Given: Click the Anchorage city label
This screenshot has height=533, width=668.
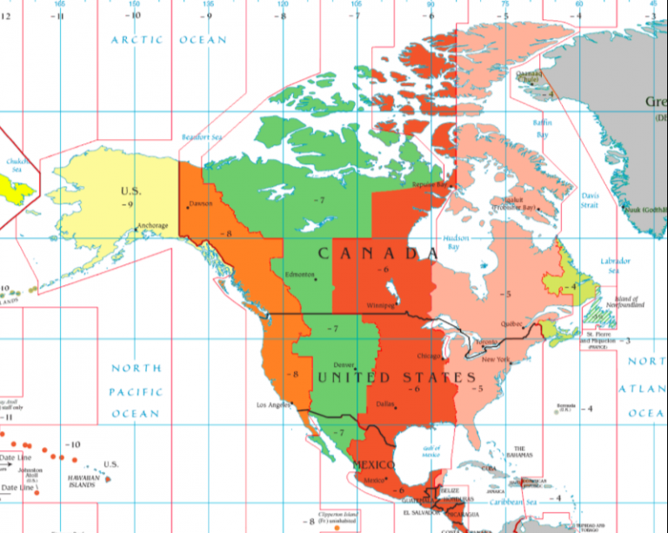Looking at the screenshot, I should [x=152, y=226].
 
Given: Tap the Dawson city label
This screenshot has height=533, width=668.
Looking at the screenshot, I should [x=200, y=204].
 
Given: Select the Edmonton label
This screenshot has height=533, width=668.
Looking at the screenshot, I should [x=299, y=275].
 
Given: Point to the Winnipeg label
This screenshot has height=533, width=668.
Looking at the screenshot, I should [x=381, y=306].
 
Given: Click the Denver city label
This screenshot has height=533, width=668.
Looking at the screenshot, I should [x=344, y=365].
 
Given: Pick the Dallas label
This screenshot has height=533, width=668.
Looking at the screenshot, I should [x=386, y=403].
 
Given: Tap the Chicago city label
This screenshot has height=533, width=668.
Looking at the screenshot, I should [x=429, y=356].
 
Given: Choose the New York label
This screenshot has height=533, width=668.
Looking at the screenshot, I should [x=495, y=359].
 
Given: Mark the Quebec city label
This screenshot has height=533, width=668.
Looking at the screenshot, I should [x=511, y=323].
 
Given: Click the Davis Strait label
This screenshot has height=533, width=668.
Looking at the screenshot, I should [x=590, y=201].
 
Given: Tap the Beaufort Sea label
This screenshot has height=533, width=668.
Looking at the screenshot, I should [x=202, y=137].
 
